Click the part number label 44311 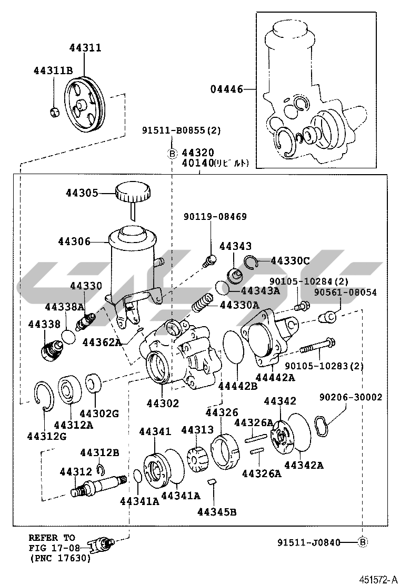85,48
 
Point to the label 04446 227,89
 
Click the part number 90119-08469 215,216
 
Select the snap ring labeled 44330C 252,261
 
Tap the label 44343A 261,290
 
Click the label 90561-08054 345,292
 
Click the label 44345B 217,511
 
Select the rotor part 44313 196,459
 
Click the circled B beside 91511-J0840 363,541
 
